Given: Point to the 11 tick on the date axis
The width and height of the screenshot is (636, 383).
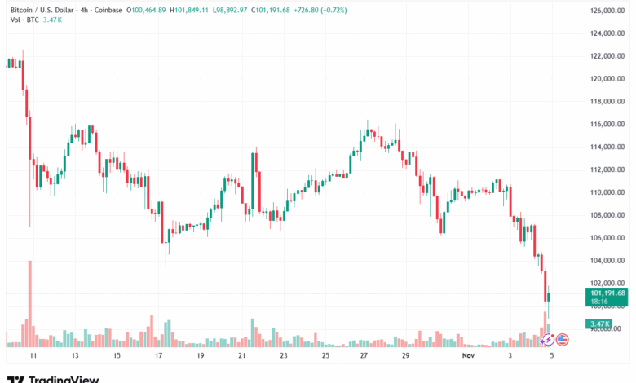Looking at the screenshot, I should tap(33, 356).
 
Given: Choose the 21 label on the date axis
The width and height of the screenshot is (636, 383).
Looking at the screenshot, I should tap(241, 356).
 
